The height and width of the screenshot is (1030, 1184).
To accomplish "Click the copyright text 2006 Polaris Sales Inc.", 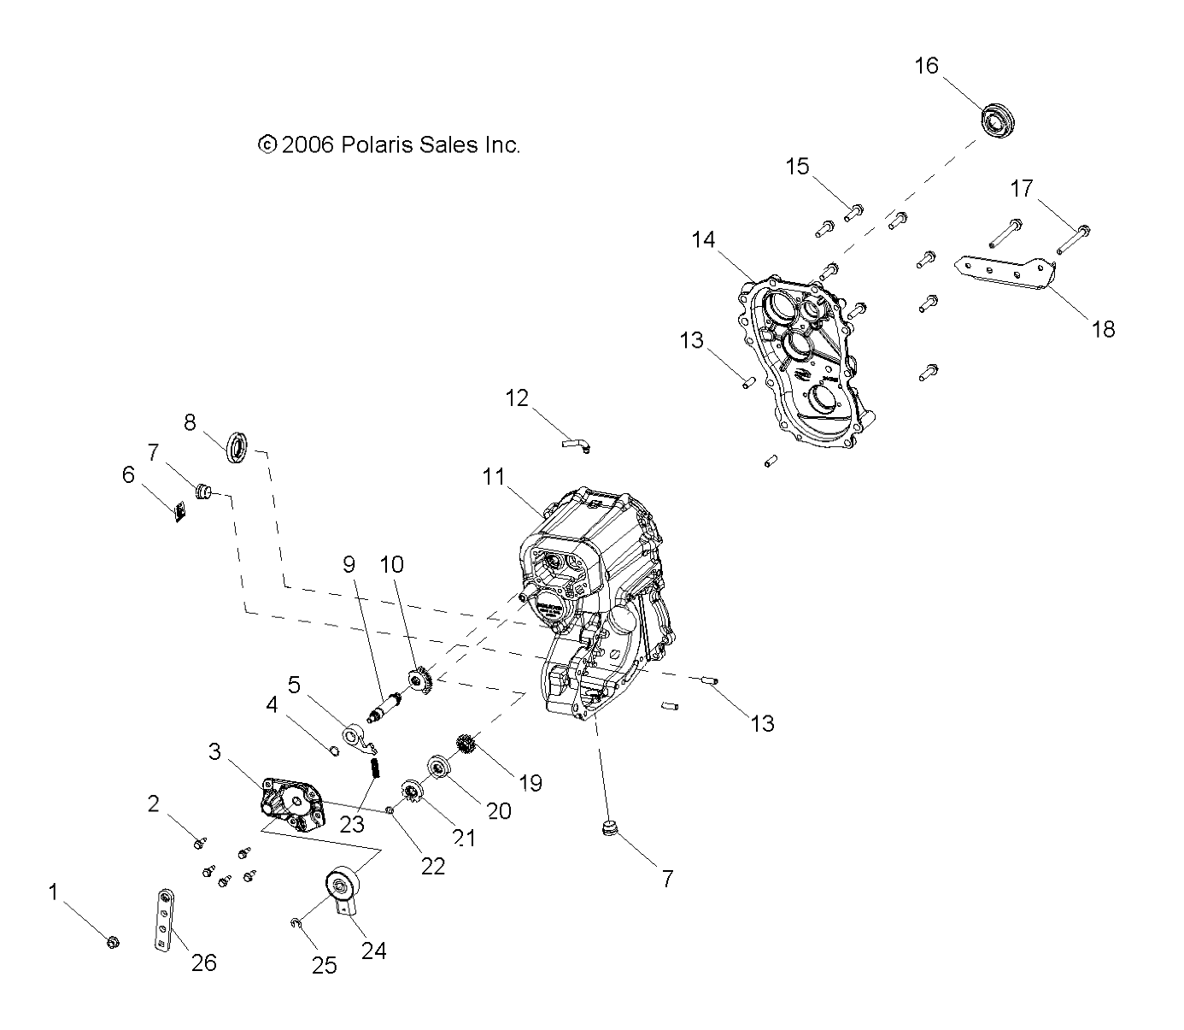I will (x=389, y=145).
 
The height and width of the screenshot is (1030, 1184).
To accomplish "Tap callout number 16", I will (x=926, y=66).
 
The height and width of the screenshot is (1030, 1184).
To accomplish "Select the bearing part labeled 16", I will (x=994, y=119).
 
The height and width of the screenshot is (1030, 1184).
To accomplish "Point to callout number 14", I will (x=703, y=240).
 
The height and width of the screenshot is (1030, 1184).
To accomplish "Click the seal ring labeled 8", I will (x=238, y=447).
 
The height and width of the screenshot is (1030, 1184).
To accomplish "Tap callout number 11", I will (x=493, y=477).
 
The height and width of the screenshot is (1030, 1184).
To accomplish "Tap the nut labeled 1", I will (x=112, y=942).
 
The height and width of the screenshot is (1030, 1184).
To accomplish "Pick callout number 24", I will (x=374, y=950).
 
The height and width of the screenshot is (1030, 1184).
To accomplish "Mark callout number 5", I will (x=294, y=685).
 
